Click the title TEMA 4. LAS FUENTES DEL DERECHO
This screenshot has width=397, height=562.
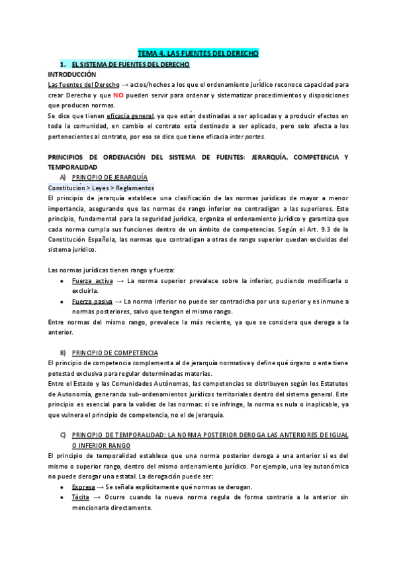[198, 53]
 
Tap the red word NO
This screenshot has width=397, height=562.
[118, 95]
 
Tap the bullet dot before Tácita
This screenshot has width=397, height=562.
[62, 498]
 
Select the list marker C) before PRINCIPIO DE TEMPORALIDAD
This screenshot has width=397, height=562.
[62, 416]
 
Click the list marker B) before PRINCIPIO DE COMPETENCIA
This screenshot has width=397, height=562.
[62, 351]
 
